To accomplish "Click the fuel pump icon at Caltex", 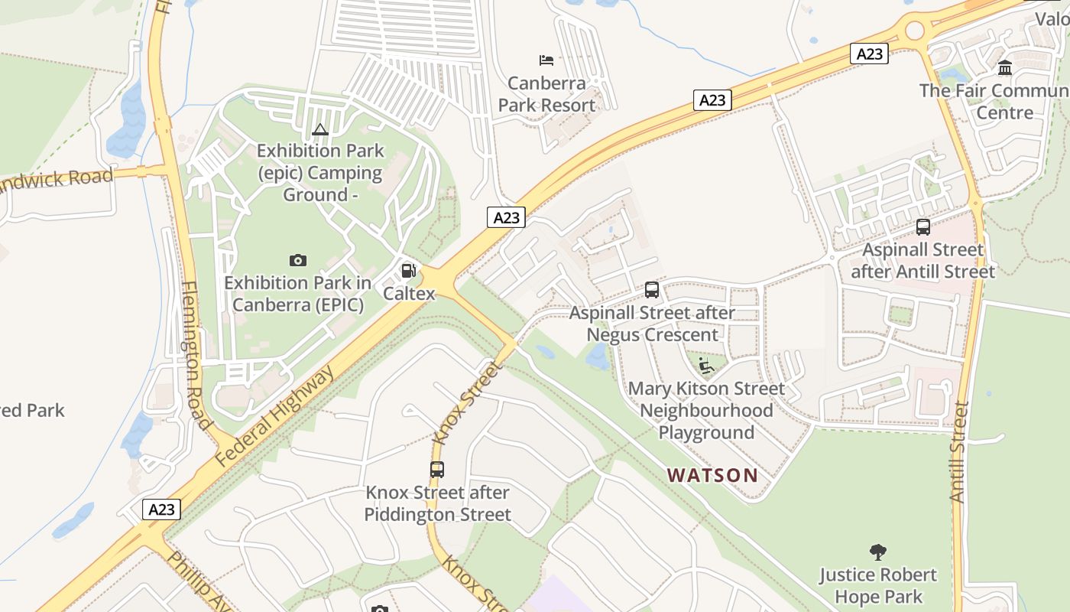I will [x=409, y=270].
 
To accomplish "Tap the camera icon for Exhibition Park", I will [x=298, y=260].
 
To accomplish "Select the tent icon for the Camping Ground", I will [x=320, y=129].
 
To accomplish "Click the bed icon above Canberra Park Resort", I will [x=546, y=60].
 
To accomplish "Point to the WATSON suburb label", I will [x=712, y=475].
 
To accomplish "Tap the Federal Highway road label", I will [x=275, y=417].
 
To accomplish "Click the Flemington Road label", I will [x=195, y=356].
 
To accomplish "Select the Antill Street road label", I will [x=958, y=451].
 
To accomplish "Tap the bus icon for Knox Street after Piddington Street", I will [x=437, y=470].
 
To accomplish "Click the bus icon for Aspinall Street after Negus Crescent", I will [x=652, y=290].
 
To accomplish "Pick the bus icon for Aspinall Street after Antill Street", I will [x=923, y=227].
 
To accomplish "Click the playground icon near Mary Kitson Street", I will [x=706, y=366].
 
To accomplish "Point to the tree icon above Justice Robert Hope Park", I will [x=878, y=552].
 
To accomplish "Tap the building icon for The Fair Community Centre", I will [x=1005, y=68].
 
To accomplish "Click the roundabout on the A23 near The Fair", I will [x=914, y=31].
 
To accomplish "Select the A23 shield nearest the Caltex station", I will [x=506, y=217].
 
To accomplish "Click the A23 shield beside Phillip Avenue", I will [x=162, y=509].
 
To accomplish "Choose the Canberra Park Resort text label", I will [x=546, y=94].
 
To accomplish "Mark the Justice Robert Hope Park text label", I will [x=878, y=585].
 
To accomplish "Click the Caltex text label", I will [x=409, y=293].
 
